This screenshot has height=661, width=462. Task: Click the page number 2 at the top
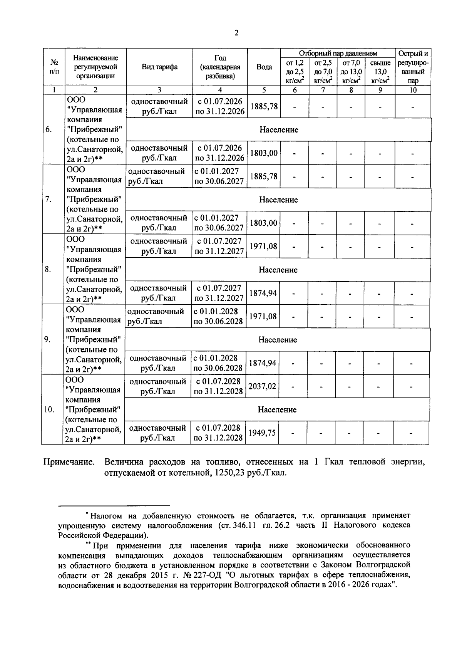pyautogui.click(x=236, y=33)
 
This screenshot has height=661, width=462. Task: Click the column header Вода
pyautogui.click(x=264, y=67)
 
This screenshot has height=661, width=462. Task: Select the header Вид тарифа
pyautogui.click(x=159, y=67)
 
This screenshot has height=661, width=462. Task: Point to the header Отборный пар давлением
pyautogui.click(x=338, y=54)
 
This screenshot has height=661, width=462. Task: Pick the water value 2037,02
pyautogui.click(x=262, y=386)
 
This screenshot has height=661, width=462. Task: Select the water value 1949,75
pyautogui.click(x=262, y=433)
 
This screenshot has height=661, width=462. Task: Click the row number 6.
pyautogui.click(x=49, y=129)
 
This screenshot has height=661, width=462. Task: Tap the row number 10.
pyautogui.click(x=49, y=409)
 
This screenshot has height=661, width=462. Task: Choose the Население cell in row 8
pyautogui.click(x=278, y=270)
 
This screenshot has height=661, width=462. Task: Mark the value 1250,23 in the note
pyautogui.click(x=226, y=473)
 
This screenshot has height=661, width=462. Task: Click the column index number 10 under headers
pyautogui.click(x=413, y=91)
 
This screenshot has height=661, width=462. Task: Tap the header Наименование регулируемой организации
pyautogui.click(x=95, y=67)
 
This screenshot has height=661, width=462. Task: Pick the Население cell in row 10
pyautogui.click(x=277, y=410)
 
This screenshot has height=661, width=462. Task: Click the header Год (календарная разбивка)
pyautogui.click(x=220, y=67)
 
